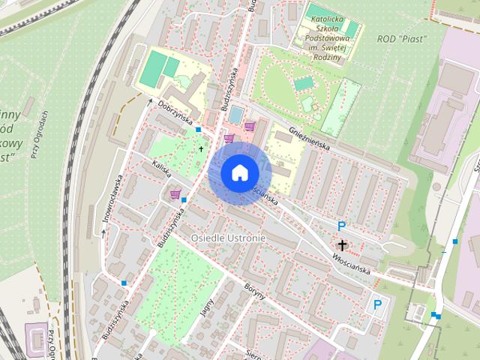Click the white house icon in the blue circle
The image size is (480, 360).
pos(239,172)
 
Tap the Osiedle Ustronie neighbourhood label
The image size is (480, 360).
pos(228,238)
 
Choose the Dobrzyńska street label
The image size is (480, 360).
pos(175,113)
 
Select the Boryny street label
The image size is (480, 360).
pos(255,291)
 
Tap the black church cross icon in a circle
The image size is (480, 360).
pos(343,245)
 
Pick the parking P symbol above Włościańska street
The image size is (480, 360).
pos(342,226)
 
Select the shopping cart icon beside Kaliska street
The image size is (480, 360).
pos(175,195)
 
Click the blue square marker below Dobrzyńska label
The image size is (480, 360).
pos(198,130)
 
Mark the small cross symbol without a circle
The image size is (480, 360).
pos(200,149)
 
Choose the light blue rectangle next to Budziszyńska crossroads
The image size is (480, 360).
pos(235,114)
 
